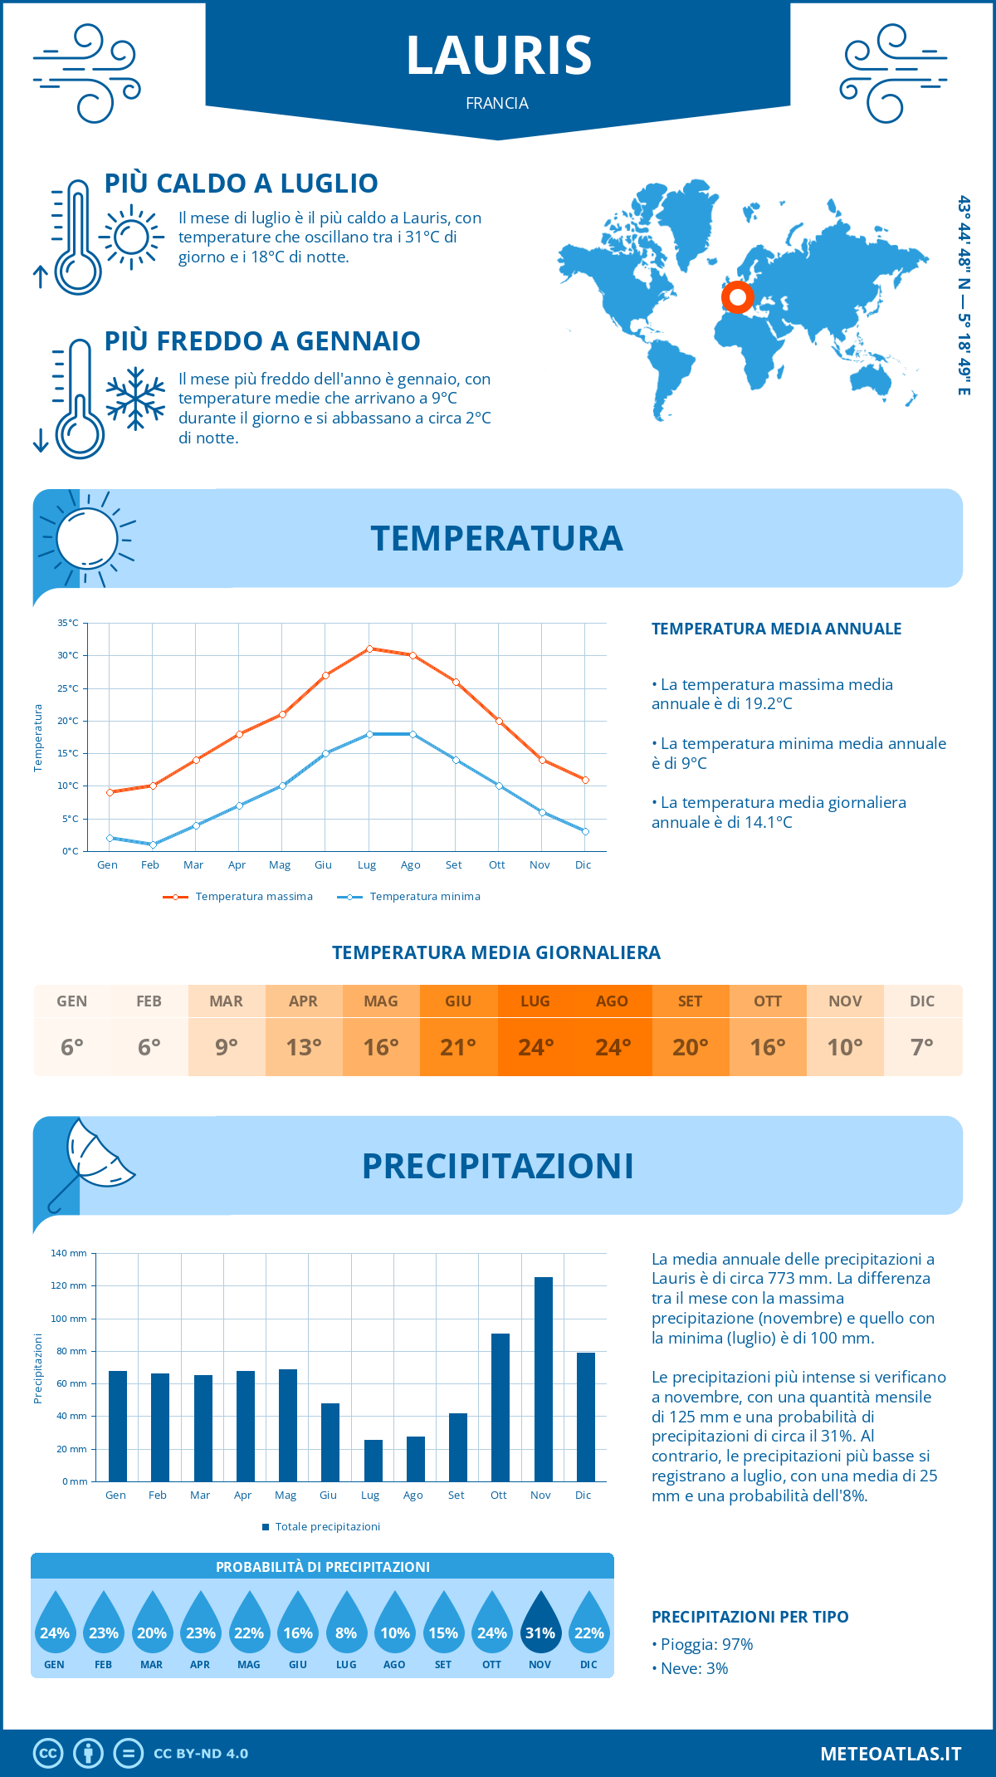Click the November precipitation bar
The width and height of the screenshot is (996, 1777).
(x=543, y=1378)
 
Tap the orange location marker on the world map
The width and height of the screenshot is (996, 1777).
(x=737, y=296)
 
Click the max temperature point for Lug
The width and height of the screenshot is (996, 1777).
(x=369, y=649)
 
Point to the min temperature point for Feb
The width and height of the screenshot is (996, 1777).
(x=153, y=844)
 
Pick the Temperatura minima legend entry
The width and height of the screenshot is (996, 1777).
(x=410, y=897)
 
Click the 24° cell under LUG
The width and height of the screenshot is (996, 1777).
(x=535, y=1047)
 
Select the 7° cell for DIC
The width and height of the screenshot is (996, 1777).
(x=922, y=1047)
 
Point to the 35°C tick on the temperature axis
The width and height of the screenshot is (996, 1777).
(x=68, y=623)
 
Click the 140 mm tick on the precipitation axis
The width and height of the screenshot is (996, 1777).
(x=69, y=1253)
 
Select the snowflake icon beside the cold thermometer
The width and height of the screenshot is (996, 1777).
(x=135, y=398)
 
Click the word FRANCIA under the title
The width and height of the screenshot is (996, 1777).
(x=497, y=103)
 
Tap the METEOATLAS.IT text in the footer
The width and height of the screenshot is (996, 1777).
(x=891, y=1754)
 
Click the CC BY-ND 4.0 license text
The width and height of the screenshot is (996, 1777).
(x=201, y=1754)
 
